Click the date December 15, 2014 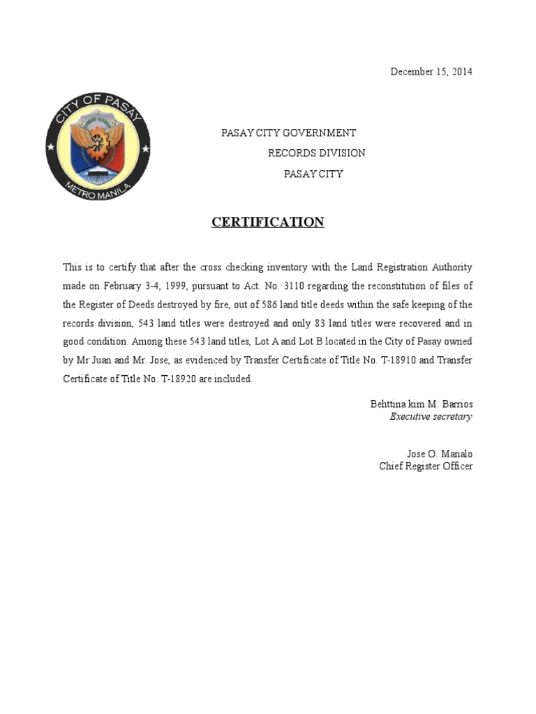tap(431, 72)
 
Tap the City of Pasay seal tap(98, 149)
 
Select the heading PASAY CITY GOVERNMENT tap(288, 132)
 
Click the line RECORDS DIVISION tap(316, 153)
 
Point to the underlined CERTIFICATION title tap(268, 222)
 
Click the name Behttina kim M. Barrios tap(421, 404)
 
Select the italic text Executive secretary tap(431, 417)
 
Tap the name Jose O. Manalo tap(440, 454)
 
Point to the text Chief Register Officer tap(426, 466)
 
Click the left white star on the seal tap(51, 149)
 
